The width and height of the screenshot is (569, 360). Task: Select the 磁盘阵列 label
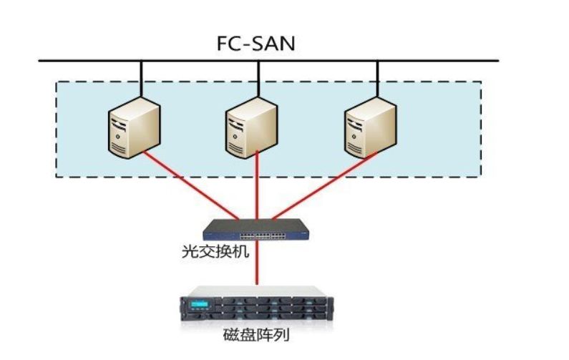(x=256, y=334)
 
